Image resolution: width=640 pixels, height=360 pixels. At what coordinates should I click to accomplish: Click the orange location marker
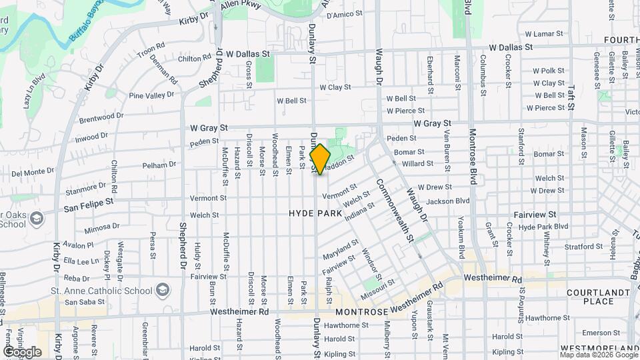tap(321, 159)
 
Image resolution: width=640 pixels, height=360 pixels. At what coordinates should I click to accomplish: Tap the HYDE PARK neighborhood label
tap(315, 213)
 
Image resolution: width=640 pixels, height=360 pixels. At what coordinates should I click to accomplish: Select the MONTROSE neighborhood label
tap(361, 312)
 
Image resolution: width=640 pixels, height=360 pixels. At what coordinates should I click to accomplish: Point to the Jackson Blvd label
tap(448, 201)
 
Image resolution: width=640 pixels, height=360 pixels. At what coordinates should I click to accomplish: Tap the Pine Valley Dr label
tap(150, 96)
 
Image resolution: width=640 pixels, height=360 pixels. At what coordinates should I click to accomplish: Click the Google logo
tap(22, 352)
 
